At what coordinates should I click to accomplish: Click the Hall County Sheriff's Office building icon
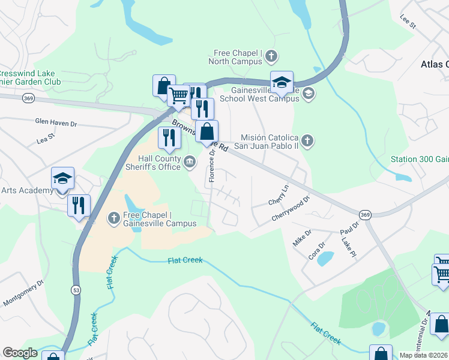click(x=190, y=160)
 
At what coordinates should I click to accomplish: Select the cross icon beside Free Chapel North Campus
click(x=271, y=56)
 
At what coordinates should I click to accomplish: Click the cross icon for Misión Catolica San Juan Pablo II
click(x=307, y=141)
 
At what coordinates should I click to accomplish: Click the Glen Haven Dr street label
click(x=56, y=124)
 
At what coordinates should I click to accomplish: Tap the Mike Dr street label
click(x=302, y=237)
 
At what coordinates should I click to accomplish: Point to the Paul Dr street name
click(x=349, y=228)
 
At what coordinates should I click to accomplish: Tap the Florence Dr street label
click(x=211, y=166)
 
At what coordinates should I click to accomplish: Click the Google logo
click(x=20, y=352)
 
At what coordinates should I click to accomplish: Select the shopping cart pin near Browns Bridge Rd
click(x=178, y=96)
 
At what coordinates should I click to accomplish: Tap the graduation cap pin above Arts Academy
click(x=62, y=178)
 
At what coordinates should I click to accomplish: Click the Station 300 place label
click(x=419, y=160)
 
